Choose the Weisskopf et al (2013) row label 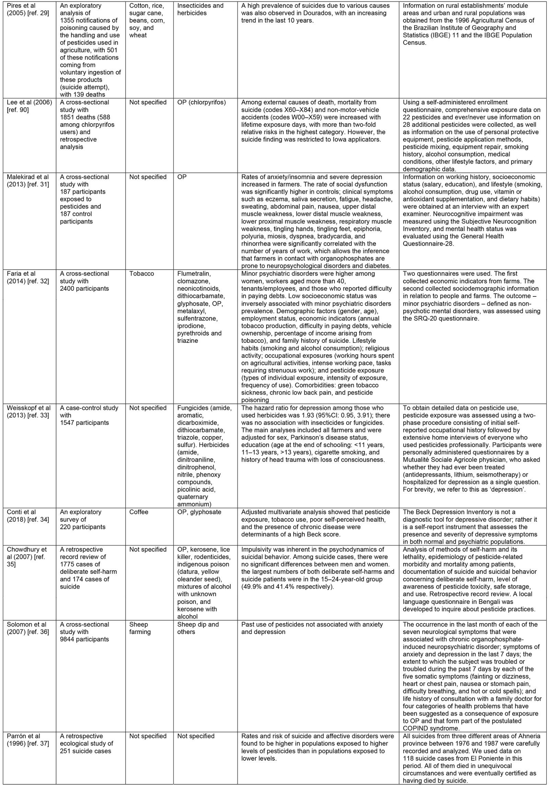29,412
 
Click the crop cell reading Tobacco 141,274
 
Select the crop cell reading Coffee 139,512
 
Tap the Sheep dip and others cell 198,628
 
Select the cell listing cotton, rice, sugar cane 147,21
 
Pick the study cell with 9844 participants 84,632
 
